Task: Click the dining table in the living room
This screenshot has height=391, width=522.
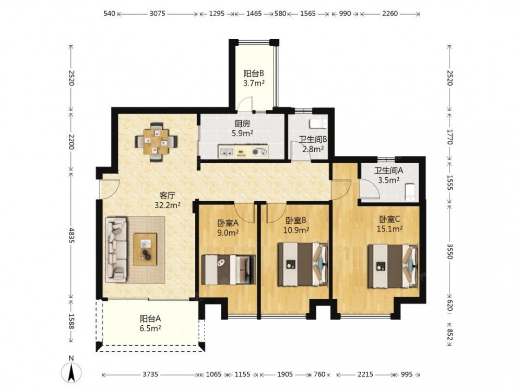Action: tap(156, 142)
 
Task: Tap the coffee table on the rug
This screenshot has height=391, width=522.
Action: tap(145, 249)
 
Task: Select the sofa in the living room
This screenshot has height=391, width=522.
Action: tap(116, 250)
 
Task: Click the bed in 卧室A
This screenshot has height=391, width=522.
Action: tap(229, 270)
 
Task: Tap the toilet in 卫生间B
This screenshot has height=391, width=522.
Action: tap(318, 124)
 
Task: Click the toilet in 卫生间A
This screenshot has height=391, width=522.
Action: tap(410, 192)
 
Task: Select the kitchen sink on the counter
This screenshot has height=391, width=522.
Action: tap(226, 152)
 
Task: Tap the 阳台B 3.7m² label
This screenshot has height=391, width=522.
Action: tap(254, 78)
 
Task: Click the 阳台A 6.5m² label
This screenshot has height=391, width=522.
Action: tap(150, 324)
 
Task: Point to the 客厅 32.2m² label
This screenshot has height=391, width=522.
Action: tap(168, 200)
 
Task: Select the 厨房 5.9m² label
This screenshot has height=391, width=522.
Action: tap(242, 129)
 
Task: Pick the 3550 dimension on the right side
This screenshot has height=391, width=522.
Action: tap(449, 252)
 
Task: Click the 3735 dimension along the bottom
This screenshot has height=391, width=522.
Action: tap(150, 374)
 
